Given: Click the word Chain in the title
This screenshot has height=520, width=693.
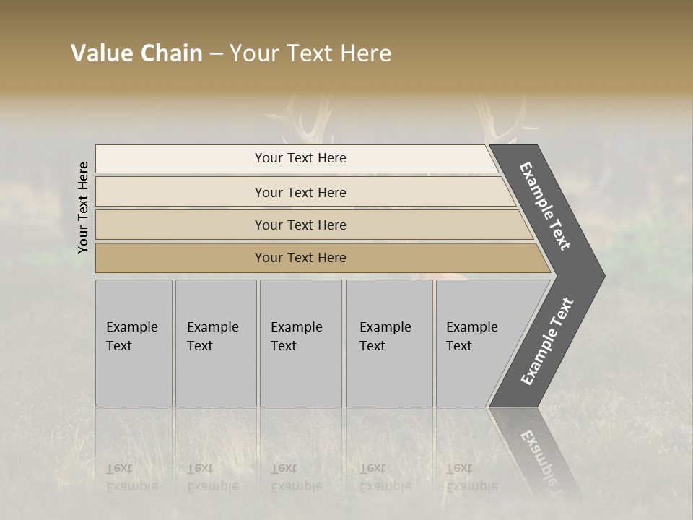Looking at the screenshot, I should [170, 53].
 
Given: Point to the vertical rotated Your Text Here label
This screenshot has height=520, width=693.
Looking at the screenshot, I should [83, 207].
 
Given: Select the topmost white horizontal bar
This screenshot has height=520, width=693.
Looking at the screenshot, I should [296, 158].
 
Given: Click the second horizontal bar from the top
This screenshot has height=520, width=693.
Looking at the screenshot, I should [300, 192].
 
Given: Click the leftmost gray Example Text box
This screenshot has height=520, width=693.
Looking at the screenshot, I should [134, 342].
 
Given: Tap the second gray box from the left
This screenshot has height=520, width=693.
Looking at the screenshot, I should [216, 342].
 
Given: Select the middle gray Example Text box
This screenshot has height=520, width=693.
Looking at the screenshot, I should [300, 342].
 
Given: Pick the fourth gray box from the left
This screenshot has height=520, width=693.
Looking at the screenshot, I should [389, 342].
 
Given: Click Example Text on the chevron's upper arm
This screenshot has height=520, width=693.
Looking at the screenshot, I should [545, 206].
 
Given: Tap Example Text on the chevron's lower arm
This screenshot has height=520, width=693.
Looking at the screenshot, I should [546, 342].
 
